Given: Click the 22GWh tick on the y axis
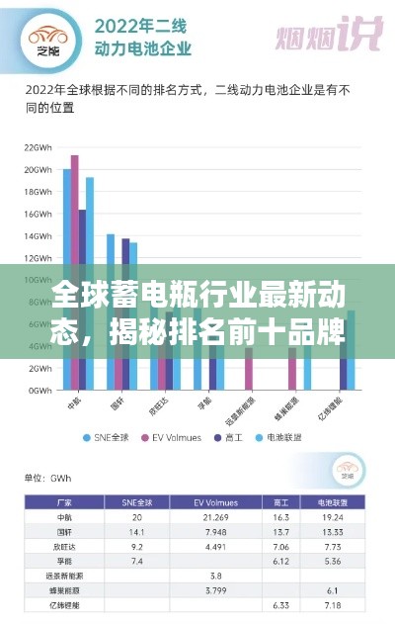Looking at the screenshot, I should pyautogui.click(x=39, y=146).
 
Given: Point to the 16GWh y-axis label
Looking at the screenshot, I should pyautogui.click(x=39, y=214).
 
